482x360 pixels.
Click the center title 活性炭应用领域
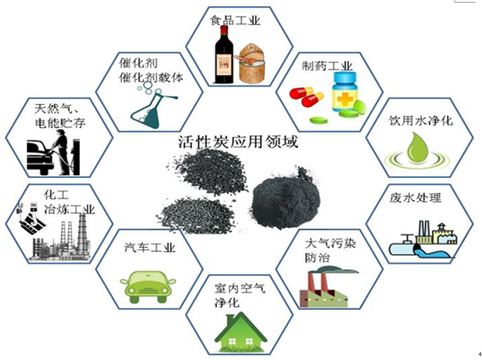238,142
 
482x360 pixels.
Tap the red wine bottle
223,55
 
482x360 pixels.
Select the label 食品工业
235,21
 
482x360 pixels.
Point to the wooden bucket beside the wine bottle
251,64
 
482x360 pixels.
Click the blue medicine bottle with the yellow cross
345,92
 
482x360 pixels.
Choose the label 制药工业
327,66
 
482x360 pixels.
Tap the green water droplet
416,147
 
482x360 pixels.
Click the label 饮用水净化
421,120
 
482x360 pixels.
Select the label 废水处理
416,198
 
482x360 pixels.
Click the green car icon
148,286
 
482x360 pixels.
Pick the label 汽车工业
150,247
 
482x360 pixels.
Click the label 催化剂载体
151,77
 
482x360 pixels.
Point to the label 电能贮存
60,123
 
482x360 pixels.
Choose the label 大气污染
330,243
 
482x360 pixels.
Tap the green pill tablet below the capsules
319,119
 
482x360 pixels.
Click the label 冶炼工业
69,209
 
